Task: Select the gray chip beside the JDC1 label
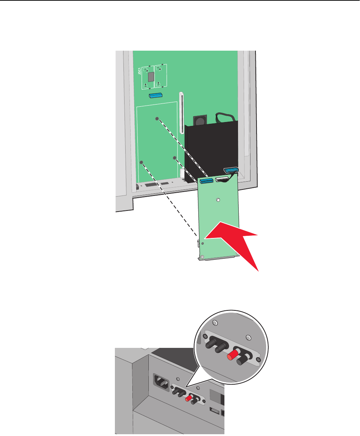coord(151,76)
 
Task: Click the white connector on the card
coord(221,179)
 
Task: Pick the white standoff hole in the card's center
coord(218,200)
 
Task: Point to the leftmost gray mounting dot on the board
coord(141,162)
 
